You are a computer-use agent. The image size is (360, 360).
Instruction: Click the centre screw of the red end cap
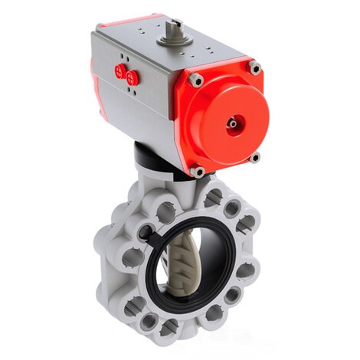click(231, 121)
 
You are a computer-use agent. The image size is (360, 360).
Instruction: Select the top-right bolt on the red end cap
click(254, 67)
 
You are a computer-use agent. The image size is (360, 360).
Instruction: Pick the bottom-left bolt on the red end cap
click(198, 172)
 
